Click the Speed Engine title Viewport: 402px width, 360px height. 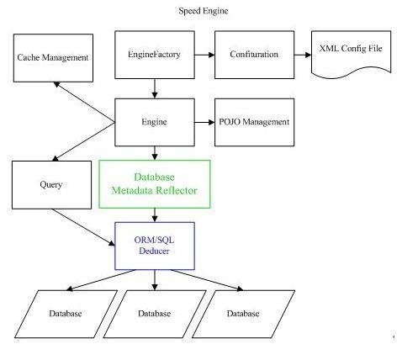point(203,11)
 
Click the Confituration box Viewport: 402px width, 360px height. point(253,54)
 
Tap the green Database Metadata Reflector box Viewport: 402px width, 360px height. point(153,184)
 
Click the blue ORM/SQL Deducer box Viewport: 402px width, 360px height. point(153,246)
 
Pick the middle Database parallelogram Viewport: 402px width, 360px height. point(153,314)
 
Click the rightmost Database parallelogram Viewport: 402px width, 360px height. point(243,314)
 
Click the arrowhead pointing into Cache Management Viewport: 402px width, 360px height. point(56,85)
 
